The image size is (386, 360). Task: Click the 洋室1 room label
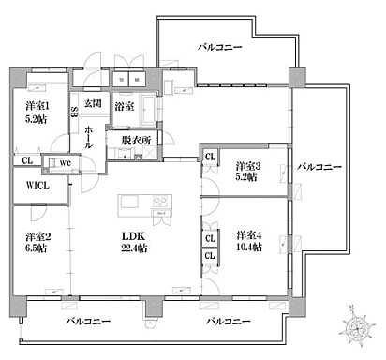click(38, 107)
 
